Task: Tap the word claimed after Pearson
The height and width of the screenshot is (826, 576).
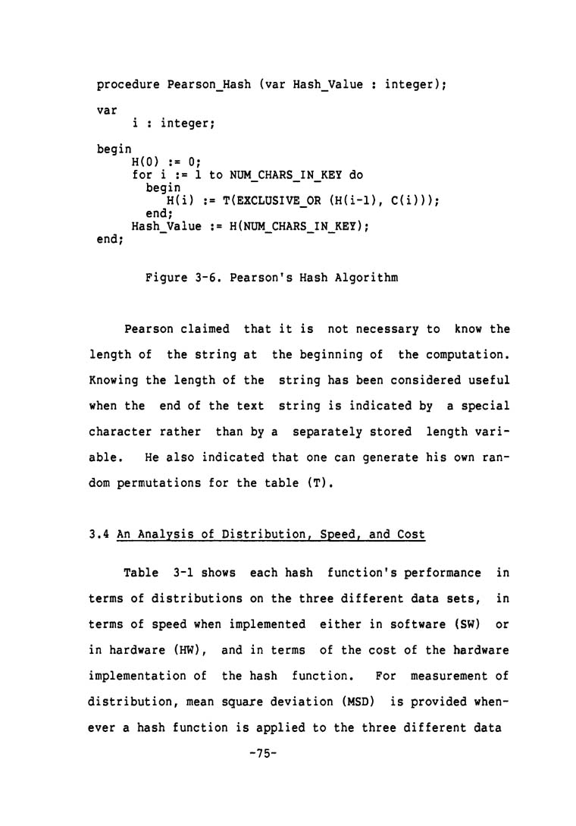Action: tap(202, 328)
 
